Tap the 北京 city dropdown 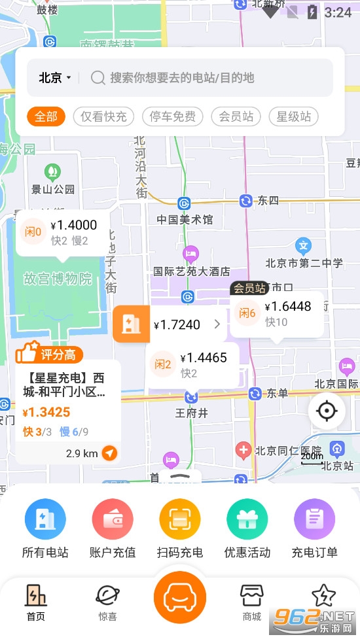(x=54, y=78)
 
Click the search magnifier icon (x=98, y=78)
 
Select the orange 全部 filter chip (x=46, y=117)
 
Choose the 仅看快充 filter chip (x=103, y=117)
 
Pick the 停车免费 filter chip (x=172, y=117)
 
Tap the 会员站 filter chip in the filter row (x=236, y=117)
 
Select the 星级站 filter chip (x=293, y=117)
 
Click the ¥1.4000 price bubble (x=73, y=226)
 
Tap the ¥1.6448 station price (x=288, y=307)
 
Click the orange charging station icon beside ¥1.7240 (x=132, y=324)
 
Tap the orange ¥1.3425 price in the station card (x=46, y=413)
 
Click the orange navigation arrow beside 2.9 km (x=110, y=453)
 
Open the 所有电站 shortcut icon (x=45, y=519)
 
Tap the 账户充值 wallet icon (x=113, y=519)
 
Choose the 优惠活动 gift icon (x=247, y=519)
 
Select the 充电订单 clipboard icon (x=314, y=519)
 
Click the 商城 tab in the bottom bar (x=252, y=602)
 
